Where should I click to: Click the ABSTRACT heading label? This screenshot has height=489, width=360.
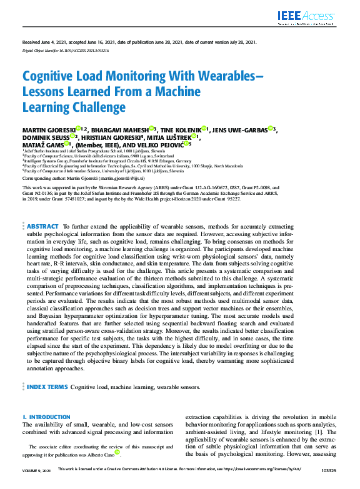pyautogui.click(x=42, y=209)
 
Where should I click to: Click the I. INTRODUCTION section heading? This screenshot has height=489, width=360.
pyautogui.click(x=46, y=417)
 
